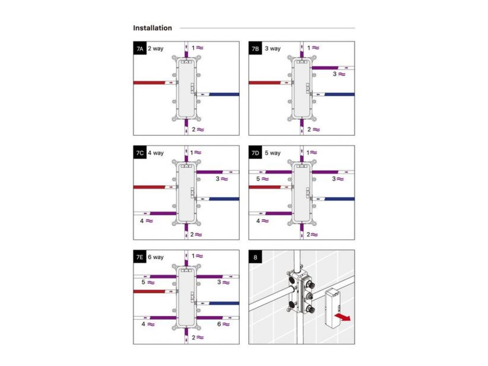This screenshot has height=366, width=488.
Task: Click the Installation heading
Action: click(152, 28)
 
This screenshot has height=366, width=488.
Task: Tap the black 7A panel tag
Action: click(140, 48)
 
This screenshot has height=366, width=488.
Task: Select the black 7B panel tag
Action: click(255, 48)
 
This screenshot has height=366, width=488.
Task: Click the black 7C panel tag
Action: click(140, 152)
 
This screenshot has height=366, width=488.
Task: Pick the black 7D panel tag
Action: click(255, 152)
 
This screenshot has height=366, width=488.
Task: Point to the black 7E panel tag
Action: click(140, 257)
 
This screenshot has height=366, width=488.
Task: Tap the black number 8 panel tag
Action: click(255, 257)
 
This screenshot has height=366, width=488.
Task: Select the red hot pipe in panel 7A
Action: click(149, 83)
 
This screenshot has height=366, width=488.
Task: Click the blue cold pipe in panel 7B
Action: click(339, 94)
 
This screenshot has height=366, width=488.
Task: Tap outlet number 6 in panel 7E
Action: click(219, 324)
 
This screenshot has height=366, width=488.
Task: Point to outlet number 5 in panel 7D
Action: click(258, 179)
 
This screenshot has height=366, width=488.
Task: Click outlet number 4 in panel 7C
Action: click(142, 221)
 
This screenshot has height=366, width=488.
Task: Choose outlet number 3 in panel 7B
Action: click(335, 74)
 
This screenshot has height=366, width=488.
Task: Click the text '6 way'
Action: click(156, 257)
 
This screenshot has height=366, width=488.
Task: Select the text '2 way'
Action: click(156, 49)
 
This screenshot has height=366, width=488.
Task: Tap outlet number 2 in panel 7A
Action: click(194, 129)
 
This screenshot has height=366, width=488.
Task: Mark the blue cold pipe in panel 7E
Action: click(224, 303)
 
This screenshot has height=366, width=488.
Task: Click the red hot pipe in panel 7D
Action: click(265, 187)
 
